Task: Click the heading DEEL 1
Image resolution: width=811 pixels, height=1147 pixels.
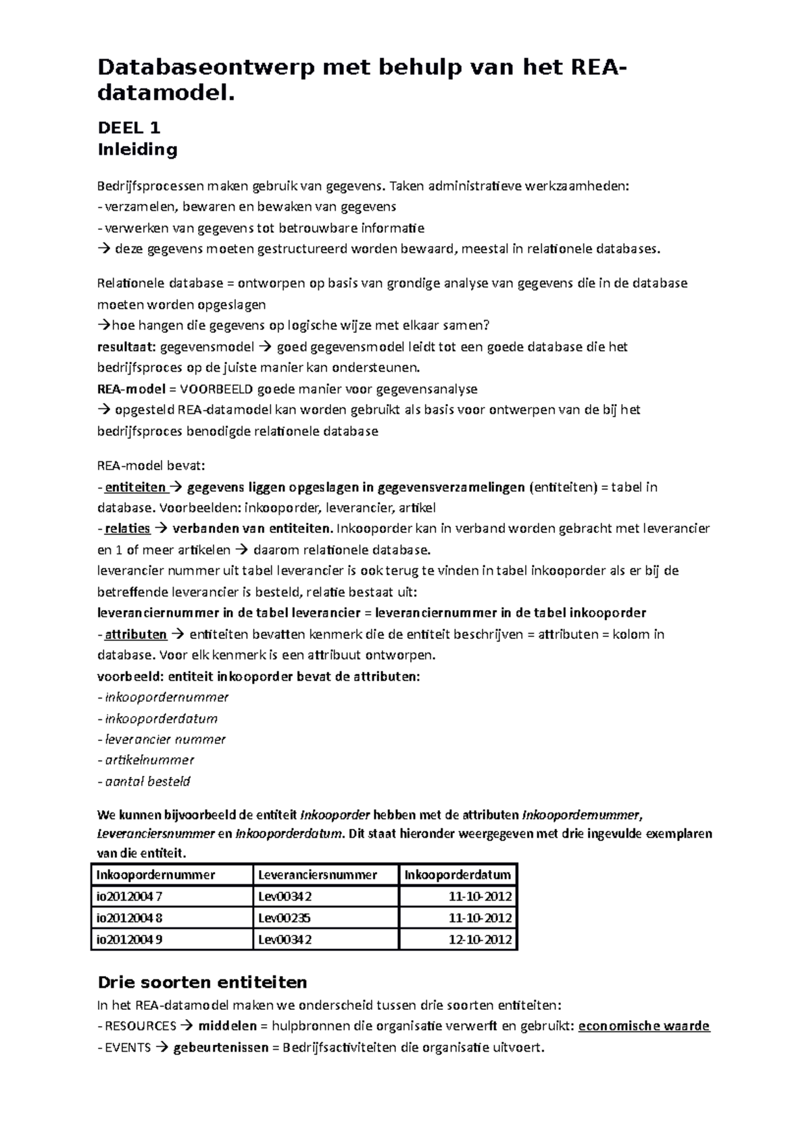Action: (x=128, y=128)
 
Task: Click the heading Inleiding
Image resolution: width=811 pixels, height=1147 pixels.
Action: (x=137, y=149)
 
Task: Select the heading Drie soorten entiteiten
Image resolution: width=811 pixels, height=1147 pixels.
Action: (x=202, y=982)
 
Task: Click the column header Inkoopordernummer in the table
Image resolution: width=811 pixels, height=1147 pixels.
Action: (x=155, y=875)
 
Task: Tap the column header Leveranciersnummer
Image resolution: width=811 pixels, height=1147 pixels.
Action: (x=318, y=875)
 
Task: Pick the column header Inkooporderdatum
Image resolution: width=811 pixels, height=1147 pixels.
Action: (x=458, y=875)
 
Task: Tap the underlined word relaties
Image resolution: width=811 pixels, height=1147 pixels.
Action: (x=128, y=528)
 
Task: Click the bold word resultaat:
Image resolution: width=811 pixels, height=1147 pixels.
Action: (x=126, y=347)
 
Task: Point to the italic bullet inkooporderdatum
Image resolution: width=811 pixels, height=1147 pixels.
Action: (x=161, y=718)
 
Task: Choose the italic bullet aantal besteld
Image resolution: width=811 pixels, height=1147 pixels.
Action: (x=147, y=782)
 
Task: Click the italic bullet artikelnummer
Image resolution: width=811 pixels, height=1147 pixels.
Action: (x=149, y=760)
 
